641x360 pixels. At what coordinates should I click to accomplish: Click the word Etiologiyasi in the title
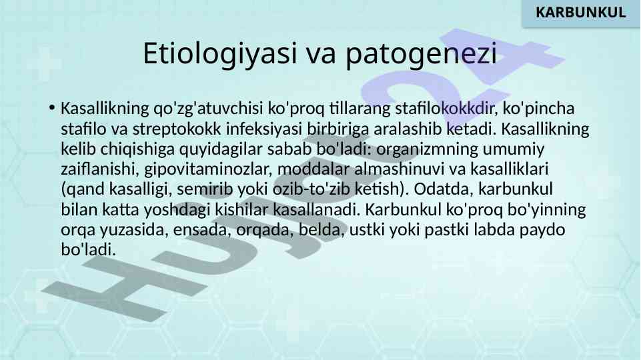[x=220, y=54]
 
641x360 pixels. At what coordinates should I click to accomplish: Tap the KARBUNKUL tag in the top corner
[x=580, y=12]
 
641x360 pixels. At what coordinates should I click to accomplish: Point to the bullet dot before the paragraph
[x=51, y=108]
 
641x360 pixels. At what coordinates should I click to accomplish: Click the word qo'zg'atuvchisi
[x=208, y=109]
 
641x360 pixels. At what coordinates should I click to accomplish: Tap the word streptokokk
[x=177, y=129]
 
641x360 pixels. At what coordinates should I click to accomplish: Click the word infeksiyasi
[x=264, y=129]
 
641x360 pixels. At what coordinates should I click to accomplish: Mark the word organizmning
[x=427, y=149]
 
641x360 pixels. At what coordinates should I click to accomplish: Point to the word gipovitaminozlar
[x=209, y=169]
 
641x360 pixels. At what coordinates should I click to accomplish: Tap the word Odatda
[x=444, y=189]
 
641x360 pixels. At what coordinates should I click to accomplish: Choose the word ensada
[x=199, y=229]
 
